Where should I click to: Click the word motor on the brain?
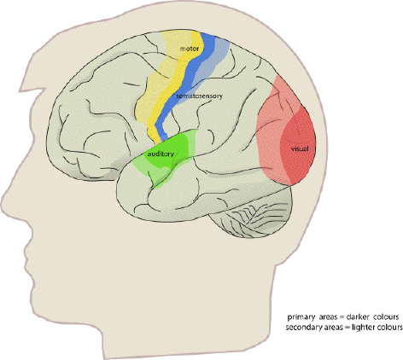pos(190,49)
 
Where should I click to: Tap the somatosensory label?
pos(199,96)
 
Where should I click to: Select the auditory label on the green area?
pos(161,154)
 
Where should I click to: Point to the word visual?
pos(300,148)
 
